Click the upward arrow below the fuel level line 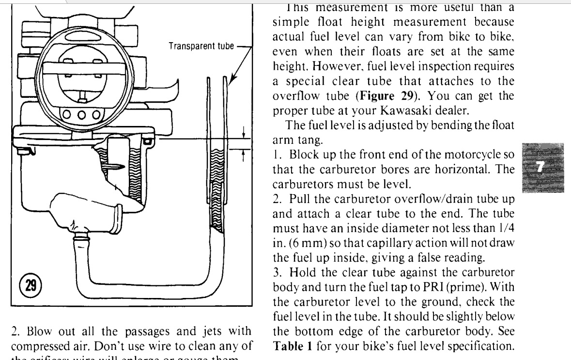[x=243, y=154]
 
